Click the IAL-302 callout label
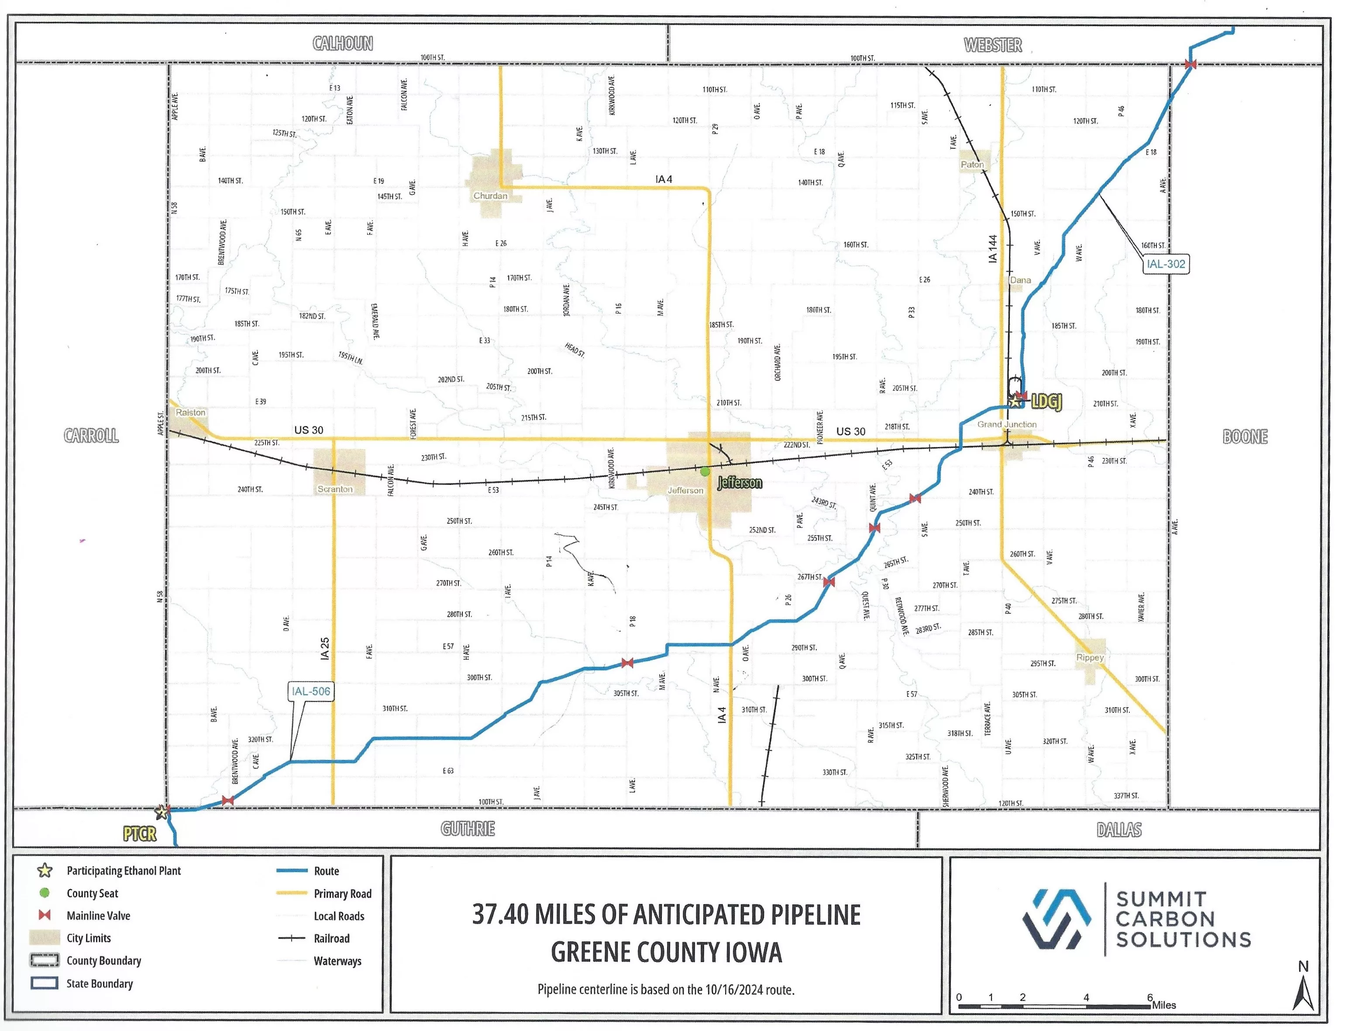tap(1166, 264)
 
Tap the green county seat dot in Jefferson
tap(705, 471)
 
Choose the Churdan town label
tap(490, 196)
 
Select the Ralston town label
tap(190, 412)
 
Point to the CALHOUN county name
tap(342, 44)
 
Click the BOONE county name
tap(1245, 436)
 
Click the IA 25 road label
tap(325, 649)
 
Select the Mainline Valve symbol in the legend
tap(44, 915)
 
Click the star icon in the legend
tap(44, 870)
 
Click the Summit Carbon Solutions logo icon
tap(1056, 919)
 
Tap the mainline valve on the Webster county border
tap(1190, 64)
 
